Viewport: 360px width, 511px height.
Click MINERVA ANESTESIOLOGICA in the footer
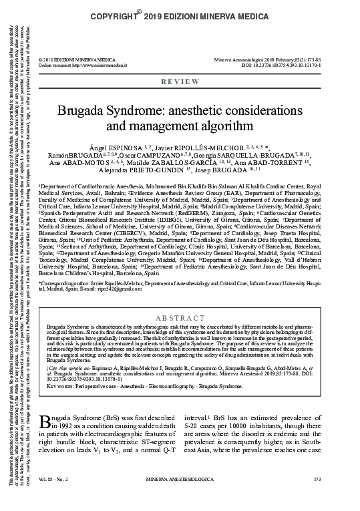click(x=200, y=498)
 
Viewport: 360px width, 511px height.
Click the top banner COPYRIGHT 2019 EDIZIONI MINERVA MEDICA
click(x=200, y=13)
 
